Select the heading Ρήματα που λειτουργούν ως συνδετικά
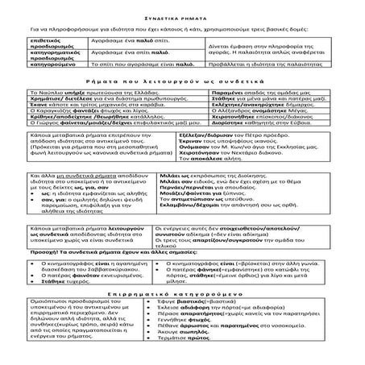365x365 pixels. click(x=182, y=81)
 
